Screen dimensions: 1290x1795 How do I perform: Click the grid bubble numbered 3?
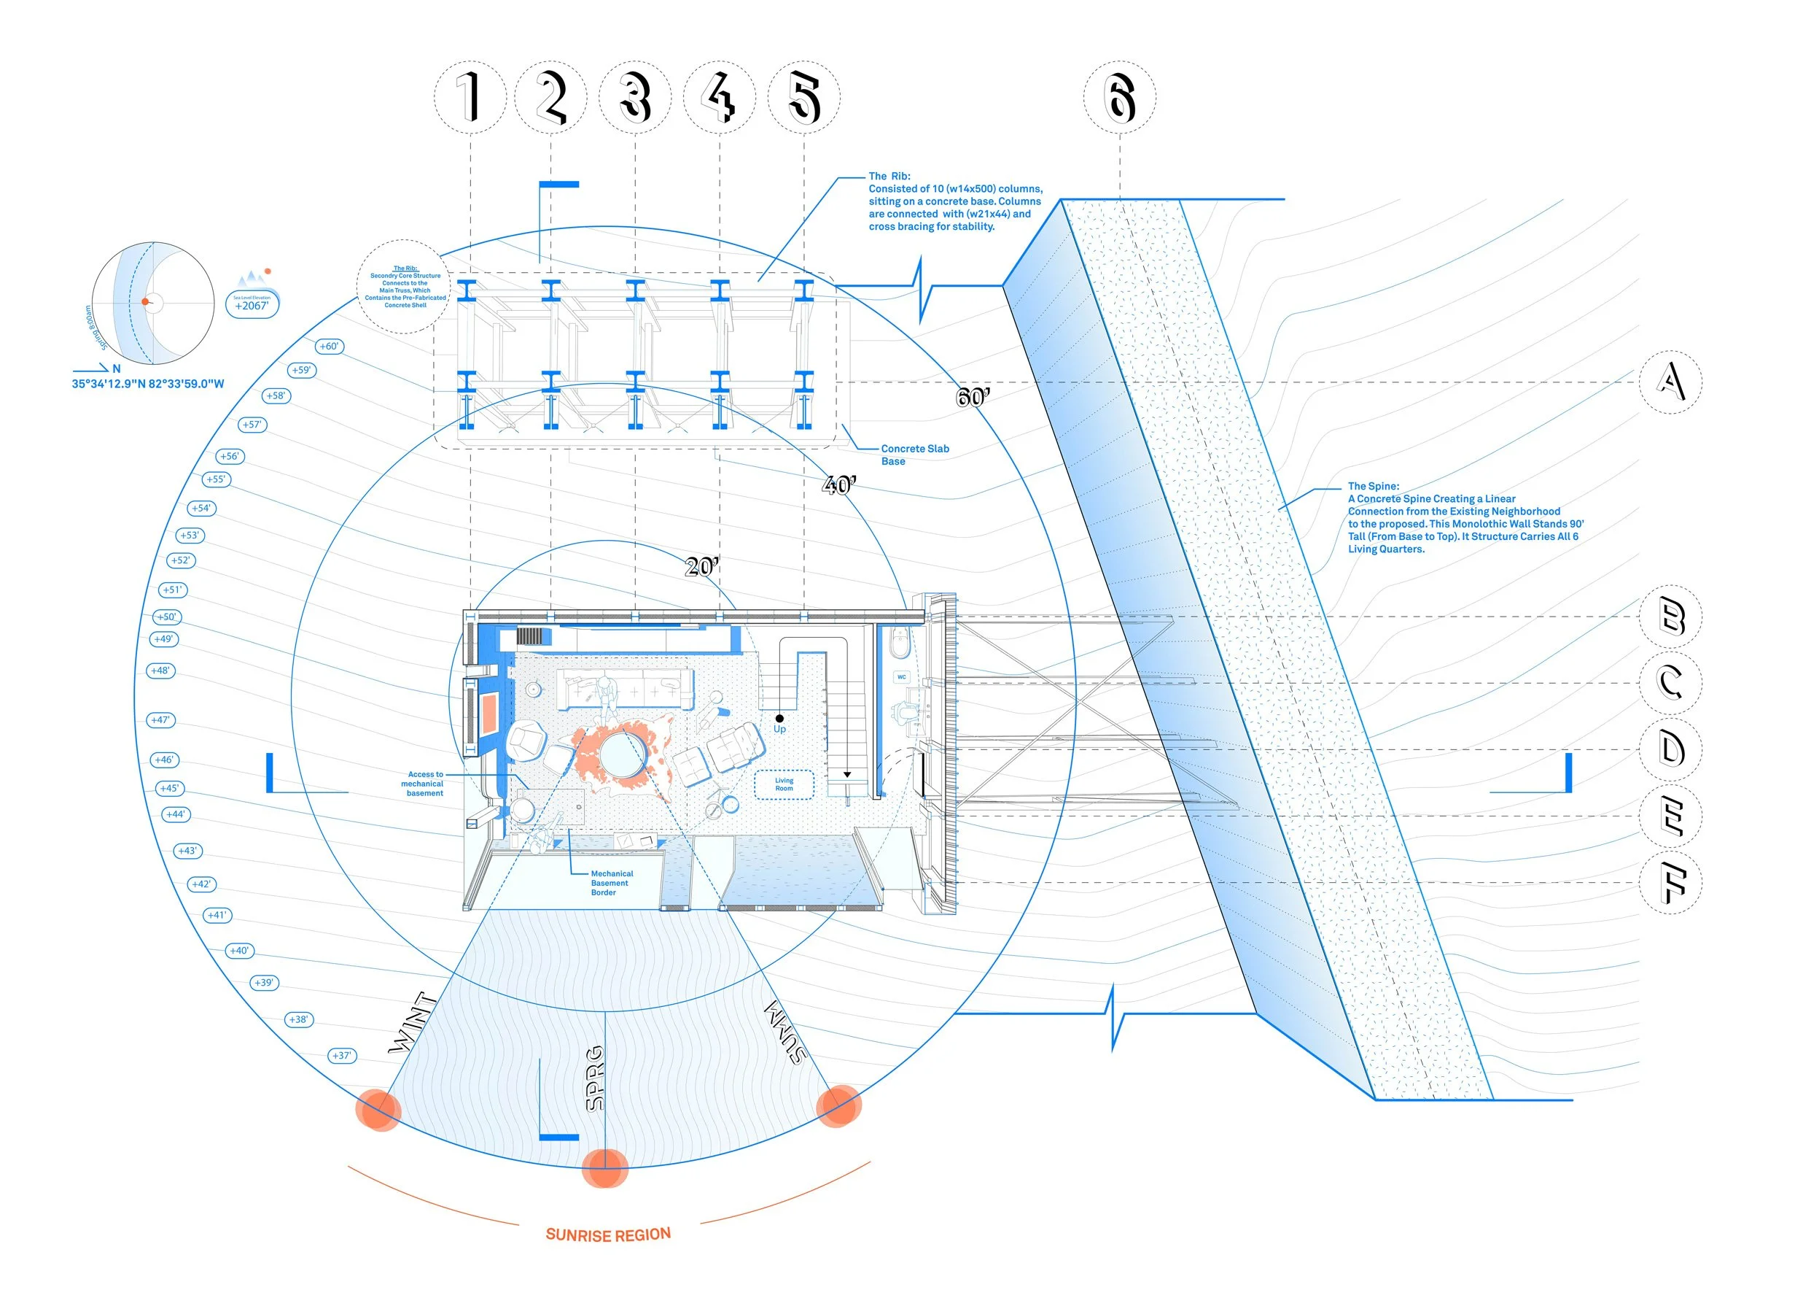coord(635,96)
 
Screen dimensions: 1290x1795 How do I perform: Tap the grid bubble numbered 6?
coord(1119,96)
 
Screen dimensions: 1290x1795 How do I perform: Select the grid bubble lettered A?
coord(1670,382)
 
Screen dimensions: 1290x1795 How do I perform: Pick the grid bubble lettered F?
coord(1670,882)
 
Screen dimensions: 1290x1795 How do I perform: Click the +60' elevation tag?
coord(330,346)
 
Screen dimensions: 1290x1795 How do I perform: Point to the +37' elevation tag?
coord(342,1056)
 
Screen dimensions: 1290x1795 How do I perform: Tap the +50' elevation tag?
coord(167,617)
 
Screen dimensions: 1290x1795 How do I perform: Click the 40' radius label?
coord(839,484)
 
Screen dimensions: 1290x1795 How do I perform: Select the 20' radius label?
coord(702,566)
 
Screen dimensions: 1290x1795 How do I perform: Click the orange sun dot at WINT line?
coord(378,1110)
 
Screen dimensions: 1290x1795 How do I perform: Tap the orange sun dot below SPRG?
coord(604,1168)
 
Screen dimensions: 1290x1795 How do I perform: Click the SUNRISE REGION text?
coord(608,1235)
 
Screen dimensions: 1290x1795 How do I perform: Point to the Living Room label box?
coord(784,784)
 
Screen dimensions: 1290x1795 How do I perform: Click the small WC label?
coord(901,677)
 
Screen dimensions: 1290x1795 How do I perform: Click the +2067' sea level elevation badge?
coord(252,304)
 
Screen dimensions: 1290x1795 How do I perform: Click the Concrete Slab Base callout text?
coord(914,455)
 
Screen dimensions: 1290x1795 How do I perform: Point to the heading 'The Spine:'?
coord(1373,486)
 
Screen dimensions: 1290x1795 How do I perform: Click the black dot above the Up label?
coord(779,718)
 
